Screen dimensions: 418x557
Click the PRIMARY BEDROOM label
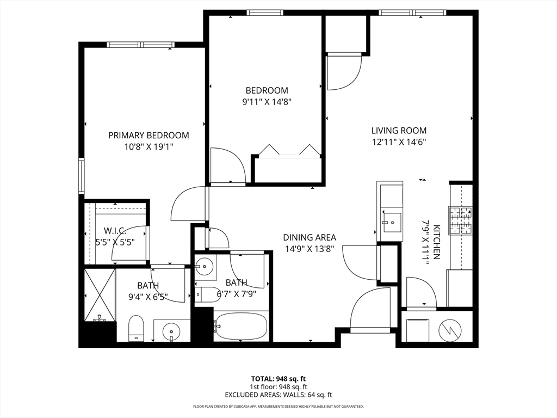[x=148, y=136]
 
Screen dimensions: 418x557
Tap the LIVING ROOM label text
[x=399, y=131]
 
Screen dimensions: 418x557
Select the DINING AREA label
[x=310, y=237]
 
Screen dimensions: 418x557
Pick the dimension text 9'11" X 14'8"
[x=267, y=101]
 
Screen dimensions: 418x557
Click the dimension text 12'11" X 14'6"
[x=399, y=142]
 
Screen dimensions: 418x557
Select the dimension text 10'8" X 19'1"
[x=148, y=146]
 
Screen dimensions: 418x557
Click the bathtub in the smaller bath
[x=241, y=326]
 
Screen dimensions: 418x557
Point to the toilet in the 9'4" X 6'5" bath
[x=136, y=328]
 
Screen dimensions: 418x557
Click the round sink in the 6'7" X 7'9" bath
[x=205, y=267]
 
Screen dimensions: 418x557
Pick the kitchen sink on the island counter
[x=391, y=222]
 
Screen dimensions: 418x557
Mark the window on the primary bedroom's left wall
[x=82, y=176]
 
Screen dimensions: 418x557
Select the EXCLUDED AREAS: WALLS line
[x=278, y=395]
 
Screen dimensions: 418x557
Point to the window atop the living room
[x=413, y=13]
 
